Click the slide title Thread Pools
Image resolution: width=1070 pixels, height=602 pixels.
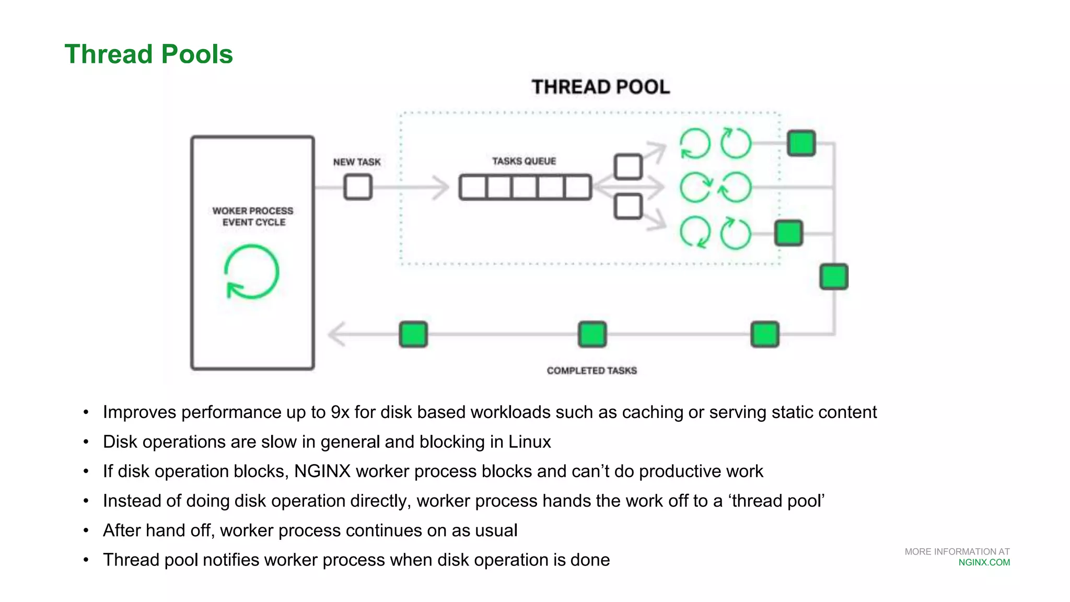click(148, 54)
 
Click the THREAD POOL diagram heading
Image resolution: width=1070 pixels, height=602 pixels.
click(600, 87)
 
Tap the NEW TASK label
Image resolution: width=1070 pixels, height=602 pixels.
click(357, 162)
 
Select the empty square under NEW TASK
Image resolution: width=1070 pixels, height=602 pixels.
click(358, 187)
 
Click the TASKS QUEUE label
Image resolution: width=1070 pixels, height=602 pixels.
click(524, 161)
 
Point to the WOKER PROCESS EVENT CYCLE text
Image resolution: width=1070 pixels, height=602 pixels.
click(253, 216)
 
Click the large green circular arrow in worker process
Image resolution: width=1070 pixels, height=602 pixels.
click(252, 272)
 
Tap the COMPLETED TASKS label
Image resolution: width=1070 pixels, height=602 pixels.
click(591, 371)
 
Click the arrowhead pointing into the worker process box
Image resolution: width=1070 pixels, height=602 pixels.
click(336, 334)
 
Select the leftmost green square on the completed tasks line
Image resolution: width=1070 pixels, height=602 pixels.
click(413, 334)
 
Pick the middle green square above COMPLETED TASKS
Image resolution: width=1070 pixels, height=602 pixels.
click(592, 334)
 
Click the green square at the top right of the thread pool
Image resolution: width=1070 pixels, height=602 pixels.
click(801, 143)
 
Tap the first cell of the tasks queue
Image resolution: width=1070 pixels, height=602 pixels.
click(473, 187)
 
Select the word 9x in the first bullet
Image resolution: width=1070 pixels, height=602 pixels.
click(340, 412)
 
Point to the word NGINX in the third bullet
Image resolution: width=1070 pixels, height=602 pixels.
click(322, 471)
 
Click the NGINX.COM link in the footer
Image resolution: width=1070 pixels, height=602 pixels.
click(984, 563)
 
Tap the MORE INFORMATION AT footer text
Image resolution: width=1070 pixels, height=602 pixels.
click(957, 552)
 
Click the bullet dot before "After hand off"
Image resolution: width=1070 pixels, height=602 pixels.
click(86, 531)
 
